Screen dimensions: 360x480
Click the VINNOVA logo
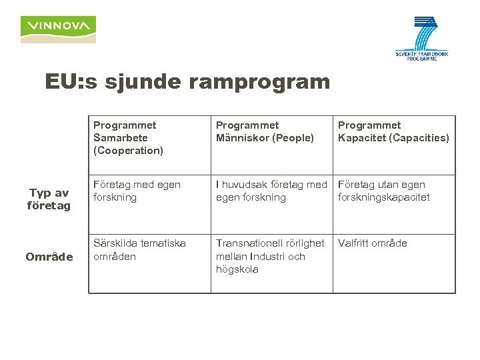pos(58,29)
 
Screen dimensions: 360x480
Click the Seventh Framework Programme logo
pos(421,39)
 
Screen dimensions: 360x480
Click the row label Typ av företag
pos(49,199)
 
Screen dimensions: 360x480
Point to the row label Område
pos(49,257)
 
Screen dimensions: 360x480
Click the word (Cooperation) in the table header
pos(128,151)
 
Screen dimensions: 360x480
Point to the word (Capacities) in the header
pos(421,138)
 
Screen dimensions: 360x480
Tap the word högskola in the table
pos(237,269)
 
